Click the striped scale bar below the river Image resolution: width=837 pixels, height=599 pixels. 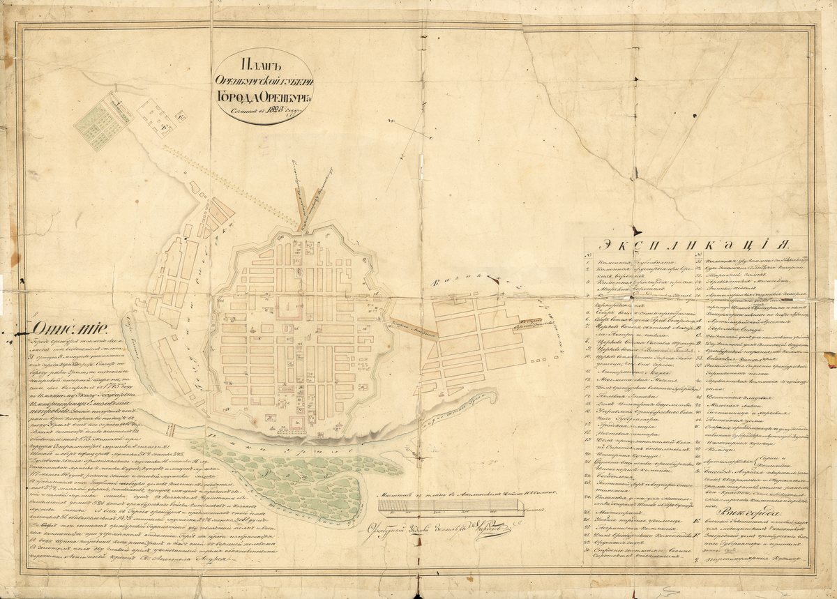[x=447, y=507]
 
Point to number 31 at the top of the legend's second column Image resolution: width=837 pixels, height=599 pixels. [x=698, y=257]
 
